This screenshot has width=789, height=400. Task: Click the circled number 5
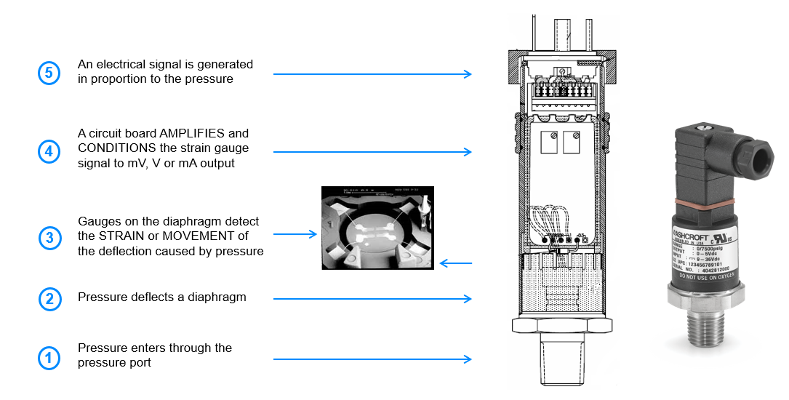(49, 73)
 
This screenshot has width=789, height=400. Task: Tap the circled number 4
(49, 152)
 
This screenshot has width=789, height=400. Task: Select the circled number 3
(49, 237)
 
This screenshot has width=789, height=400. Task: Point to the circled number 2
(49, 299)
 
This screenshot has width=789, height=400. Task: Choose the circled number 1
(49, 358)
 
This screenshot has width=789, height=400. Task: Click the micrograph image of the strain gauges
(377, 228)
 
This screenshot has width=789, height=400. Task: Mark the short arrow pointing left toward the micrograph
(455, 263)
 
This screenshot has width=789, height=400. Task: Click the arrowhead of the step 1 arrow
(468, 359)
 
